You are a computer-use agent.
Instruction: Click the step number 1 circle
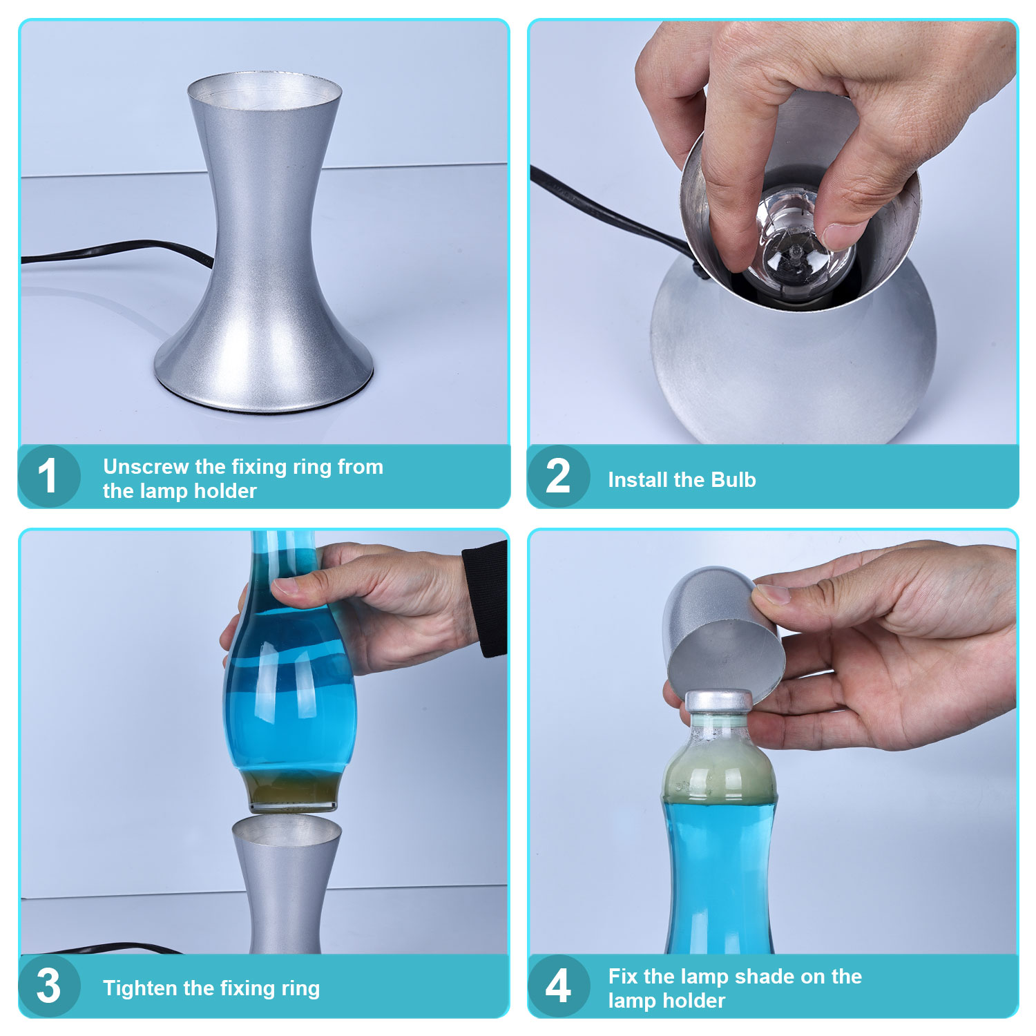tap(48, 476)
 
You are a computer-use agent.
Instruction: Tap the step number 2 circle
tap(558, 476)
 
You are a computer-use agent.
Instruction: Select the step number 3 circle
tap(48, 986)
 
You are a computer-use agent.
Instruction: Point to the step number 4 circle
tap(558, 986)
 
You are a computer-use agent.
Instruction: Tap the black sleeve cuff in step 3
tap(486, 598)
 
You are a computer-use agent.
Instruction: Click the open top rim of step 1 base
tap(265, 89)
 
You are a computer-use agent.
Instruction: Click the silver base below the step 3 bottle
tap(286, 884)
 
